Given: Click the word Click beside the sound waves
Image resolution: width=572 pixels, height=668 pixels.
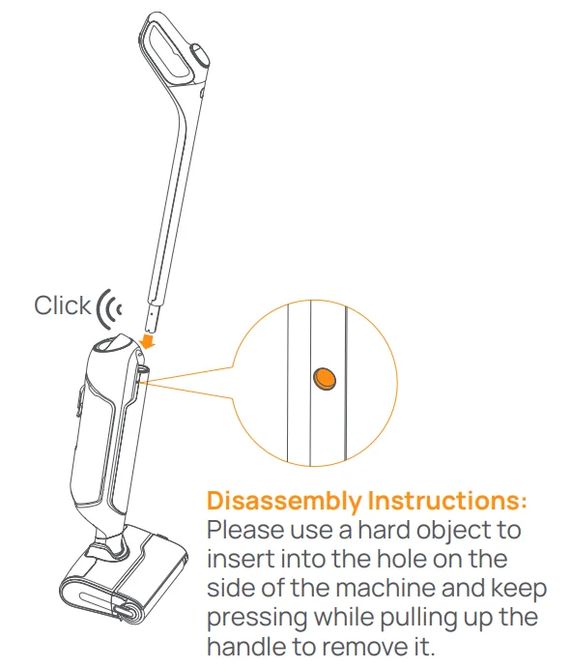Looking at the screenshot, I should tap(63, 305).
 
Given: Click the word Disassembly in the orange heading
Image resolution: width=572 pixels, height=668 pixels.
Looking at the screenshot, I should tap(283, 502).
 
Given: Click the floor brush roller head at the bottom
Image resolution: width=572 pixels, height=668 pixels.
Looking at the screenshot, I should tap(106, 595).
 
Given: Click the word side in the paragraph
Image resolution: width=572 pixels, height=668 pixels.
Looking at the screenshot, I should tap(228, 590).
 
